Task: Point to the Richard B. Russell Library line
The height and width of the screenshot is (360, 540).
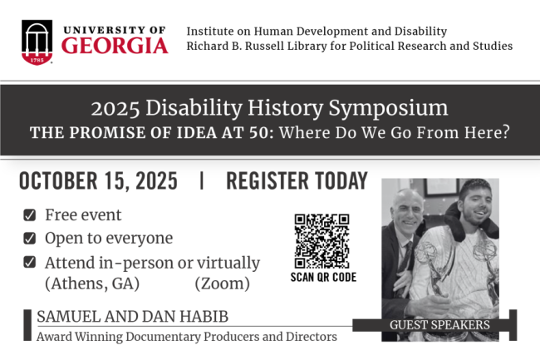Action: click(350, 46)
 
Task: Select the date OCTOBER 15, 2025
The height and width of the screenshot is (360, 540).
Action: click(97, 181)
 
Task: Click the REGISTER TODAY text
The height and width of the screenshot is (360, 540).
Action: click(297, 181)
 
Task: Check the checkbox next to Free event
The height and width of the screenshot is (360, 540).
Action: click(30, 215)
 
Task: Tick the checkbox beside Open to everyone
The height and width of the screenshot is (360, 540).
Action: click(30, 239)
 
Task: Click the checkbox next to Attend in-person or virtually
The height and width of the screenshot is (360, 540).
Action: click(30, 263)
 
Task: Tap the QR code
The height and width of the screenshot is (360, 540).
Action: click(322, 241)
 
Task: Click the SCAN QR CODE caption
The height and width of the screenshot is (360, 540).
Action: click(322, 278)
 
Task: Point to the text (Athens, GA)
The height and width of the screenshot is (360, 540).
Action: click(92, 284)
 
